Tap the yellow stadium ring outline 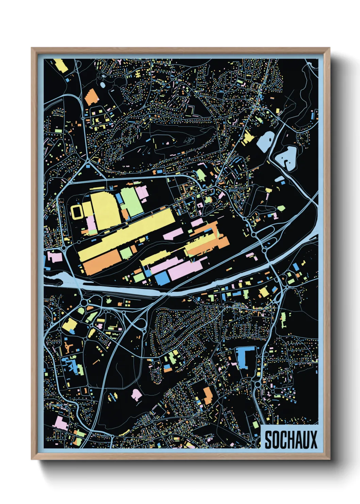(x=78, y=212)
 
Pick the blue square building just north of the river (x=163, y=278)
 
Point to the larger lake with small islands (x=287, y=157)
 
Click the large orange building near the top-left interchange (x=91, y=97)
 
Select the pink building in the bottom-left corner (x=60, y=422)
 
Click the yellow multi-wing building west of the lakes (x=248, y=138)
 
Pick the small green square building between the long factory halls (x=126, y=253)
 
